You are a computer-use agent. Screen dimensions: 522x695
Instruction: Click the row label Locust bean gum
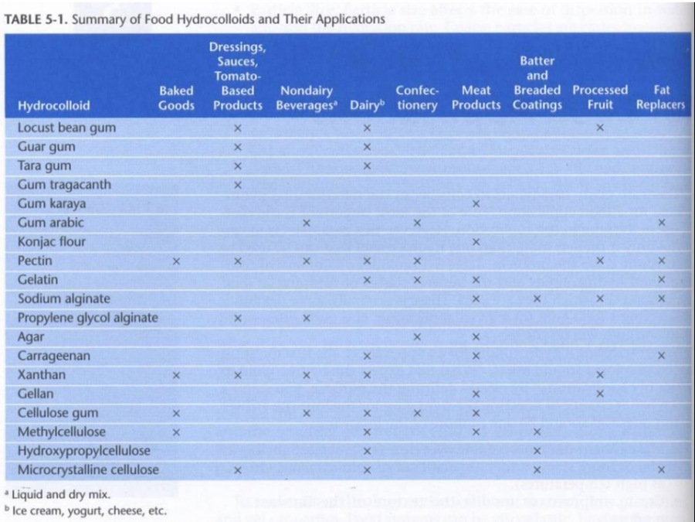[x=66, y=128]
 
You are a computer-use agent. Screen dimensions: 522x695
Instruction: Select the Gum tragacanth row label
[x=64, y=185]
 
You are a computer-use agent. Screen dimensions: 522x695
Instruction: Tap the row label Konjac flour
[x=52, y=242]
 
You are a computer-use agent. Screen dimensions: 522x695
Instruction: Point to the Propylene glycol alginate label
[x=87, y=318]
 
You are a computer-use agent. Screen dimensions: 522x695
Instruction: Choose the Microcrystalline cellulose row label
[x=88, y=470]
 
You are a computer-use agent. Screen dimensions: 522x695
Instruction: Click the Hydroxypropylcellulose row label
[x=83, y=451]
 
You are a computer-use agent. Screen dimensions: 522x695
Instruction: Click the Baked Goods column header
[x=176, y=97]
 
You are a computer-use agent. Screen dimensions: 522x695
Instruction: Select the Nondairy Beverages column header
[x=307, y=97]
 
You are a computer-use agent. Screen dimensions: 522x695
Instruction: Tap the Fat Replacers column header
[x=661, y=97]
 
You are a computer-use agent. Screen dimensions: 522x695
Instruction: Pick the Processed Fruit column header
[x=600, y=97]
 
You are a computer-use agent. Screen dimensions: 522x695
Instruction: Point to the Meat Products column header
[x=476, y=97]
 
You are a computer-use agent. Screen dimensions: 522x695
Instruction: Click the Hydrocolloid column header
[x=53, y=106]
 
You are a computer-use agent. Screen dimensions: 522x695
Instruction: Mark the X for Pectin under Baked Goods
[x=176, y=261]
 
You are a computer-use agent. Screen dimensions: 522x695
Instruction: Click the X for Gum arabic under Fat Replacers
[x=661, y=223]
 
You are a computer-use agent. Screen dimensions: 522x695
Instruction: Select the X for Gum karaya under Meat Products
[x=476, y=204]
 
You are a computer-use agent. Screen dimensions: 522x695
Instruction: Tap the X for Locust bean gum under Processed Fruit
[x=600, y=128]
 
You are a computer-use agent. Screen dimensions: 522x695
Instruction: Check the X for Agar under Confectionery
[x=417, y=337]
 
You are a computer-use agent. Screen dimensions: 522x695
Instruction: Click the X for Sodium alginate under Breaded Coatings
[x=537, y=299]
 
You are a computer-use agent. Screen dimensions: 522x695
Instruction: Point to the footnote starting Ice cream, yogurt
[x=89, y=510]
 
